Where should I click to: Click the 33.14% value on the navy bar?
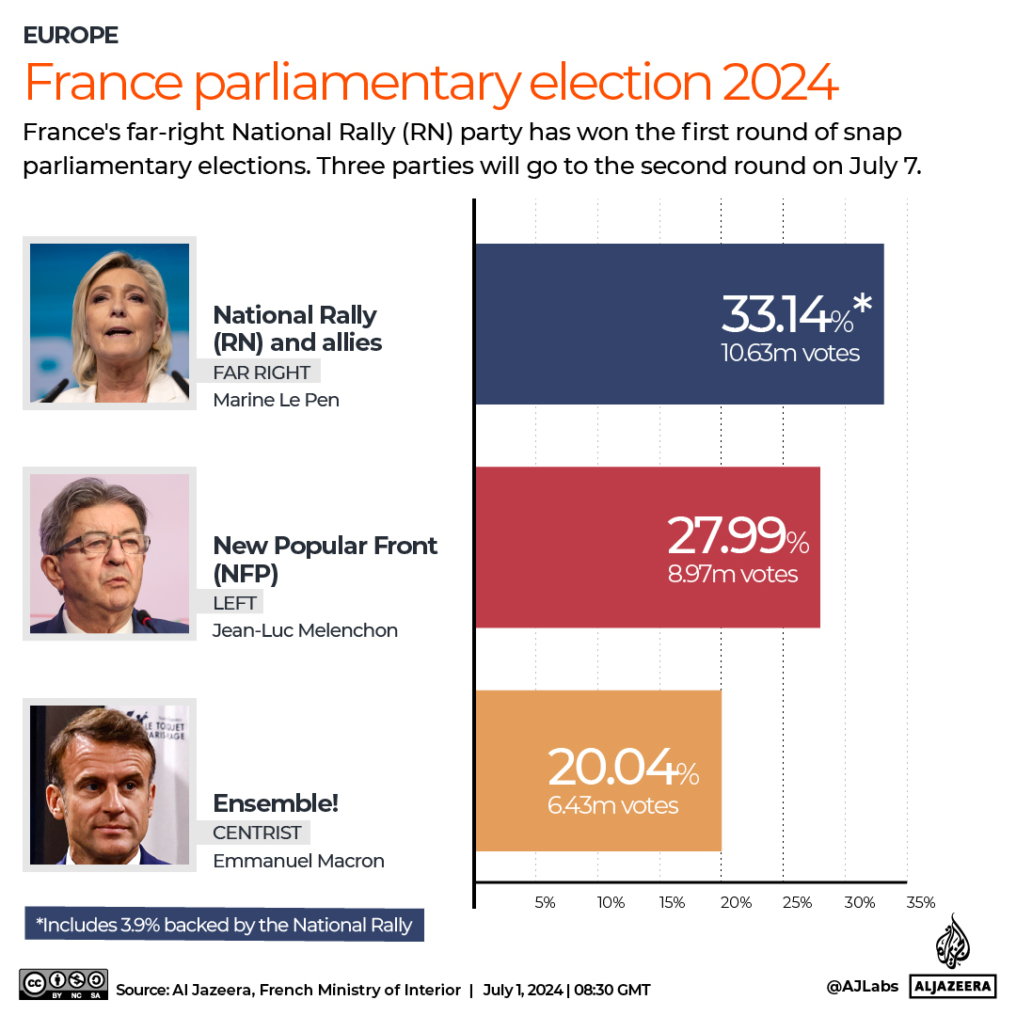(786, 314)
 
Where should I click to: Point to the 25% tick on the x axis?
(797, 902)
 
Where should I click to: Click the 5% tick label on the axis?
(545, 902)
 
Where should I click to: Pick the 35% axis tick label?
(921, 902)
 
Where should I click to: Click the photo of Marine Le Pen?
(109, 323)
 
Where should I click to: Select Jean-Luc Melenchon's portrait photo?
(109, 553)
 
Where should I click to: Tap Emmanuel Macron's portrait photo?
(109, 785)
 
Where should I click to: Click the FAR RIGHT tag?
(261, 372)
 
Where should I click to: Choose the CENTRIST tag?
(256, 833)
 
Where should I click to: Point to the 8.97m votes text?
(733, 574)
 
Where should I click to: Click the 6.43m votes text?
(612, 805)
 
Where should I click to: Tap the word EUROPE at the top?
(71, 36)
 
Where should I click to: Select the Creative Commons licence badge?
(64, 985)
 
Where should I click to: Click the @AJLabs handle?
(862, 986)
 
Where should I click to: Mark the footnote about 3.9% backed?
(224, 925)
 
